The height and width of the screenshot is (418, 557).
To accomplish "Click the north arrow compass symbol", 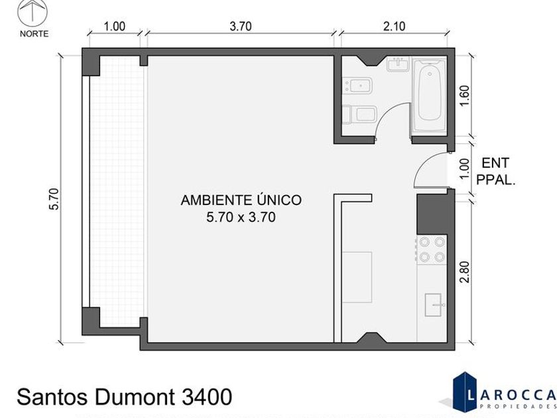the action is (x=32, y=11).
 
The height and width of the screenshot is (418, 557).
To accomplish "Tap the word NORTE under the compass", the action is (x=34, y=34).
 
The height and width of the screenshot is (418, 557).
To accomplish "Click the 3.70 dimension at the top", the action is (x=241, y=27).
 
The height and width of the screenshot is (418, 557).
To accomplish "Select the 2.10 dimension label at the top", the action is (x=395, y=27).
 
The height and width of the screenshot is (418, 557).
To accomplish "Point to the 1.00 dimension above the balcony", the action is (x=114, y=27).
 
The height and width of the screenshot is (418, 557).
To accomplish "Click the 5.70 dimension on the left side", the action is (x=53, y=199).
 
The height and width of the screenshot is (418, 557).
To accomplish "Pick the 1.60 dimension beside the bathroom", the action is (x=464, y=96).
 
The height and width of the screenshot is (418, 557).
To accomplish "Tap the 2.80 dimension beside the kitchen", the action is (x=464, y=272).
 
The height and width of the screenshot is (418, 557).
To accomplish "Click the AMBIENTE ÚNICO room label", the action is (x=241, y=200).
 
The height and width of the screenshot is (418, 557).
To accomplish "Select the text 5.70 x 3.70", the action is (x=241, y=217).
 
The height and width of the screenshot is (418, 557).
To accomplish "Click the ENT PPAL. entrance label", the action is (x=495, y=172).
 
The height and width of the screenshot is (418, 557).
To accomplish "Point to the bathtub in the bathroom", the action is (x=429, y=96).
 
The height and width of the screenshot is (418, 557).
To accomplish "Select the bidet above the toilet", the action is (x=357, y=86).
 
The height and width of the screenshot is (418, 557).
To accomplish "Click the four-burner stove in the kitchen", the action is (x=432, y=249).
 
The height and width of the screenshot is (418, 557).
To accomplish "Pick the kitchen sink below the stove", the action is (x=434, y=305).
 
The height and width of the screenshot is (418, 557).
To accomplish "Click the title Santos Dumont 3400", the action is (x=125, y=397).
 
